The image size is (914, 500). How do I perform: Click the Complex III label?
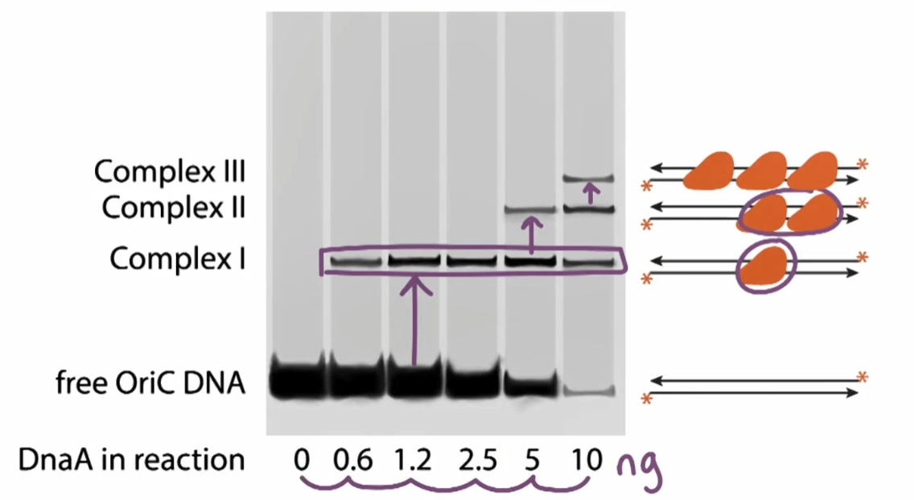pyautogui.click(x=170, y=171)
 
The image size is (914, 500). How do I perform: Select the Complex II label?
pyautogui.click(x=174, y=208)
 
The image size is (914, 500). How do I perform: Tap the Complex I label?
pyautogui.click(x=178, y=258)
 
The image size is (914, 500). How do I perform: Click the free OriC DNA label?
pyautogui.click(x=150, y=383)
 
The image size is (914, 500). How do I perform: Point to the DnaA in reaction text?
pyautogui.click(x=132, y=460)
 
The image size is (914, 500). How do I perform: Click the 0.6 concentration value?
pyautogui.click(x=352, y=461)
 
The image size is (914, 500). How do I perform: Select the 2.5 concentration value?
pyautogui.click(x=477, y=461)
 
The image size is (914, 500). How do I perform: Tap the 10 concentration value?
pyautogui.click(x=587, y=461)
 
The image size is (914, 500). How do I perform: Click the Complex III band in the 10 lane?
pyautogui.click(x=589, y=179)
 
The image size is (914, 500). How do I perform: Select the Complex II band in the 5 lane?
pyautogui.click(x=530, y=209)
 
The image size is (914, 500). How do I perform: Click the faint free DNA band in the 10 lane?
pyautogui.click(x=589, y=390)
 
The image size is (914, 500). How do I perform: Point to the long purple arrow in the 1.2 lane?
pyautogui.click(x=414, y=320)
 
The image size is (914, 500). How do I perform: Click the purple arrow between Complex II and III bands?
pyautogui.click(x=591, y=193)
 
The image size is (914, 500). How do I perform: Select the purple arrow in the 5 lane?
pyautogui.click(x=531, y=235)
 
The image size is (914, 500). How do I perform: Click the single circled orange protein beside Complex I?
pyautogui.click(x=766, y=266)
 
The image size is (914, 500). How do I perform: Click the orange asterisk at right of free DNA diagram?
pyautogui.click(x=863, y=378)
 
